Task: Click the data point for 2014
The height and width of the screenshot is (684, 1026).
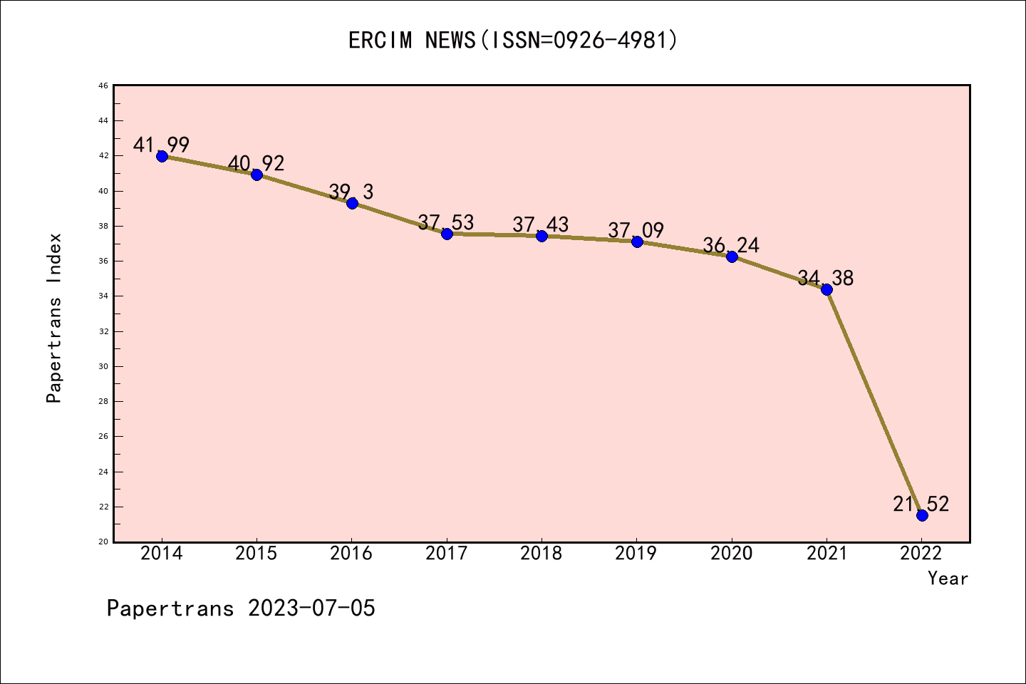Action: click(x=162, y=156)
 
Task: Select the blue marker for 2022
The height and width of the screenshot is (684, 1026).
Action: click(x=922, y=515)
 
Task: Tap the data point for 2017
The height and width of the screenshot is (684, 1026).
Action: click(x=447, y=234)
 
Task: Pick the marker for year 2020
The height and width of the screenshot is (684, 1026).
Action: click(x=732, y=256)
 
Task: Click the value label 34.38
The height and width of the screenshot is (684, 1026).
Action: click(x=826, y=279)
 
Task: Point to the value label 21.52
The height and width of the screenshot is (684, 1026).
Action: click(x=921, y=504)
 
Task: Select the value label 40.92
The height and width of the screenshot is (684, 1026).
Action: click(x=256, y=164)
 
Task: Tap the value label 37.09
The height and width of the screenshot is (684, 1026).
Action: click(x=636, y=231)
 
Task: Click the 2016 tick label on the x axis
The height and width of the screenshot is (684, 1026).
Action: click(x=351, y=554)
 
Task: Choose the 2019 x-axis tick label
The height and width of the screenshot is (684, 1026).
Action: click(x=636, y=554)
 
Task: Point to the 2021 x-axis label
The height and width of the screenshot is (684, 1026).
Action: click(x=826, y=554)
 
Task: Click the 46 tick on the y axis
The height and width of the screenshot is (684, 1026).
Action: click(x=103, y=86)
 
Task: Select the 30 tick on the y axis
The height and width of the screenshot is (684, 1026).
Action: click(x=103, y=366)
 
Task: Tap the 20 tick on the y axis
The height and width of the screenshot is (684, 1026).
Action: click(x=103, y=541)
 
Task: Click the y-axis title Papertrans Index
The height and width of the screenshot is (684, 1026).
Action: click(x=54, y=318)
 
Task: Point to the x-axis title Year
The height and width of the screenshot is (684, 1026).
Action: click(x=948, y=579)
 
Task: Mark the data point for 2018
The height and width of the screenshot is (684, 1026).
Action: click(x=541, y=236)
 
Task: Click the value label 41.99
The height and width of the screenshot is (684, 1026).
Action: click(x=162, y=145)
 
